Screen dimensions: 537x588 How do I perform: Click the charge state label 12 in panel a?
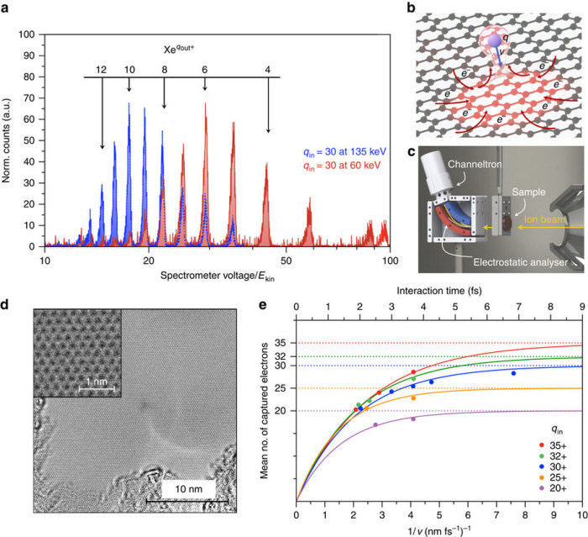click(101, 68)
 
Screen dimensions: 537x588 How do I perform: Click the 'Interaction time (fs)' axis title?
click(439, 292)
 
